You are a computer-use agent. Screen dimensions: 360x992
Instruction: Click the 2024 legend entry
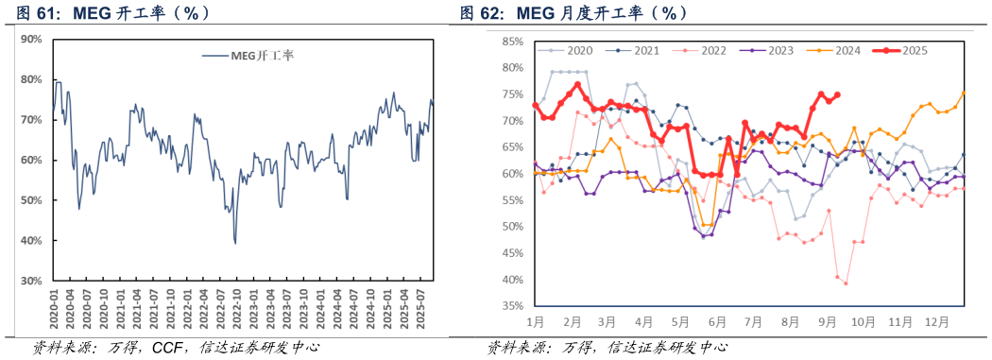pyautogui.click(x=847, y=50)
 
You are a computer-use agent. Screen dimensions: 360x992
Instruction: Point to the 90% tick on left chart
pyautogui.click(x=31, y=39)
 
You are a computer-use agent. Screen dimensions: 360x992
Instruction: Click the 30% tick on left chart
pyautogui.click(x=31, y=282)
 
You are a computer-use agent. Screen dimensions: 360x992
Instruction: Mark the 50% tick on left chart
pyautogui.click(x=31, y=200)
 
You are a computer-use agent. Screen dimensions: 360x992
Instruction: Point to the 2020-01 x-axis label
pyautogui.click(x=54, y=309)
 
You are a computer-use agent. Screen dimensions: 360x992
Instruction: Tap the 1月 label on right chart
pyautogui.click(x=536, y=322)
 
